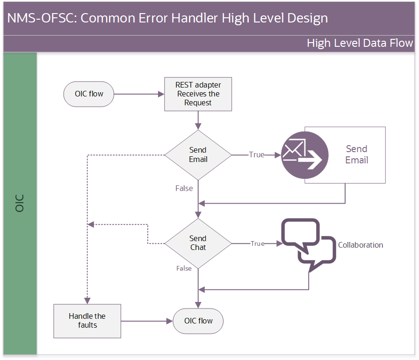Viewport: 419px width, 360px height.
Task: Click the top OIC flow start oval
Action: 89,94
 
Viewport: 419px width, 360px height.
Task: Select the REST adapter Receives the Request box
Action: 198,94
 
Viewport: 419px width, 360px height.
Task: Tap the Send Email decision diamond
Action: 198,155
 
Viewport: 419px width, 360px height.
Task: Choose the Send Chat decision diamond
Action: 198,243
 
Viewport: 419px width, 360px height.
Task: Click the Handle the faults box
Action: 87,321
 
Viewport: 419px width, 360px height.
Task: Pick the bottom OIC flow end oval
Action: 198,321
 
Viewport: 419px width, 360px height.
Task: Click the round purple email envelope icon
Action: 304,155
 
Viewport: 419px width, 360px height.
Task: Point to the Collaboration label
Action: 361,245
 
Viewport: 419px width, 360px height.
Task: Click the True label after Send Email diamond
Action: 257,154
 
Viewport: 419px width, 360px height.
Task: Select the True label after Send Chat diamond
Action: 257,243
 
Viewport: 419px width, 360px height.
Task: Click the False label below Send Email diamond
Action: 184,188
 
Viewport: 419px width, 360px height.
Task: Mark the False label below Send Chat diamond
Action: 184,268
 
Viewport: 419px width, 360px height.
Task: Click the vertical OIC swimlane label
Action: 20,203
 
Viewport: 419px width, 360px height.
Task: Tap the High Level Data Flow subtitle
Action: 360,43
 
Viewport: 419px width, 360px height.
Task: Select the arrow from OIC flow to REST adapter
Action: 139,94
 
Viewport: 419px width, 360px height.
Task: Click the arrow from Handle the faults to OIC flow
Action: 147,321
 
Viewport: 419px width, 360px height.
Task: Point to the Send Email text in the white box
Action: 357,154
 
